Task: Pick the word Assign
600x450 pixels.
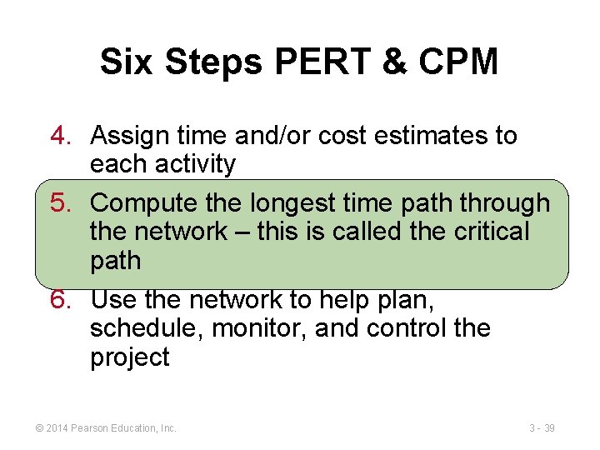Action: coord(127,135)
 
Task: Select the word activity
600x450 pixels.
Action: coord(194,164)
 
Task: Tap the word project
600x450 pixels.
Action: coord(129,357)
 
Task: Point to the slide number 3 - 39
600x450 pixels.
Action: coord(542,427)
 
